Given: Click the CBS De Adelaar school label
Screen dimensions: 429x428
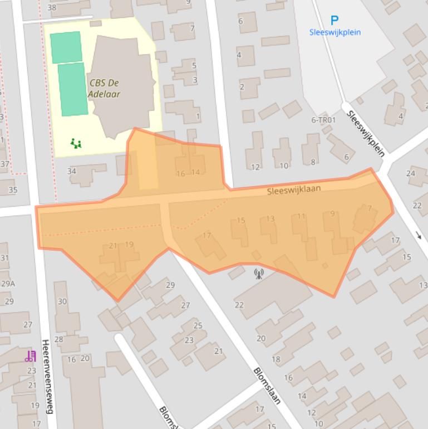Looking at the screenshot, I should [104, 88].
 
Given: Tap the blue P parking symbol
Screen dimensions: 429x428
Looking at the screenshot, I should [334, 21].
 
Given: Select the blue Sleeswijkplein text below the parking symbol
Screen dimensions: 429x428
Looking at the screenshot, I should [334, 32].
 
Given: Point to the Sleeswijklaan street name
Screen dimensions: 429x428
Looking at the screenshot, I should [294, 190].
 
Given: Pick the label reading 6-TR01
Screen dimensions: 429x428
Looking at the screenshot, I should [323, 120].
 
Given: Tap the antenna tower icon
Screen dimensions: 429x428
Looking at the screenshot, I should [258, 273].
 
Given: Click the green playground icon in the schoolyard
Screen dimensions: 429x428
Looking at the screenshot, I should [76, 144].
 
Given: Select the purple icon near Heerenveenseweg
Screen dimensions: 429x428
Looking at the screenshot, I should [30, 355].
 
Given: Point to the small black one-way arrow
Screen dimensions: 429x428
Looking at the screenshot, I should [419, 236].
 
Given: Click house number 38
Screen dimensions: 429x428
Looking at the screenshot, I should [52, 7].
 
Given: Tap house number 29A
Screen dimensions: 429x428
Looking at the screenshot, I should [8, 284].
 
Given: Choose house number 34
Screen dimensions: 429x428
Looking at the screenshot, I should [72, 171].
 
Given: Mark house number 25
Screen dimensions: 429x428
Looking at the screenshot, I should [198, 325].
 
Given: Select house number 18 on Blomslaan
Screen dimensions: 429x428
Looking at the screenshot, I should [276, 359].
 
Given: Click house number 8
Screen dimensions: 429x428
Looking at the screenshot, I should [313, 162].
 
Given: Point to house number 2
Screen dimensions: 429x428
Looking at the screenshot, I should [242, 86].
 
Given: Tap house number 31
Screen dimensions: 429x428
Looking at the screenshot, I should [4, 257].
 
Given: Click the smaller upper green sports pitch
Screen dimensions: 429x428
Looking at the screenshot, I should [66, 47].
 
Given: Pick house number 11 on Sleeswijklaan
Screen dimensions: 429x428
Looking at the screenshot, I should [301, 216].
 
